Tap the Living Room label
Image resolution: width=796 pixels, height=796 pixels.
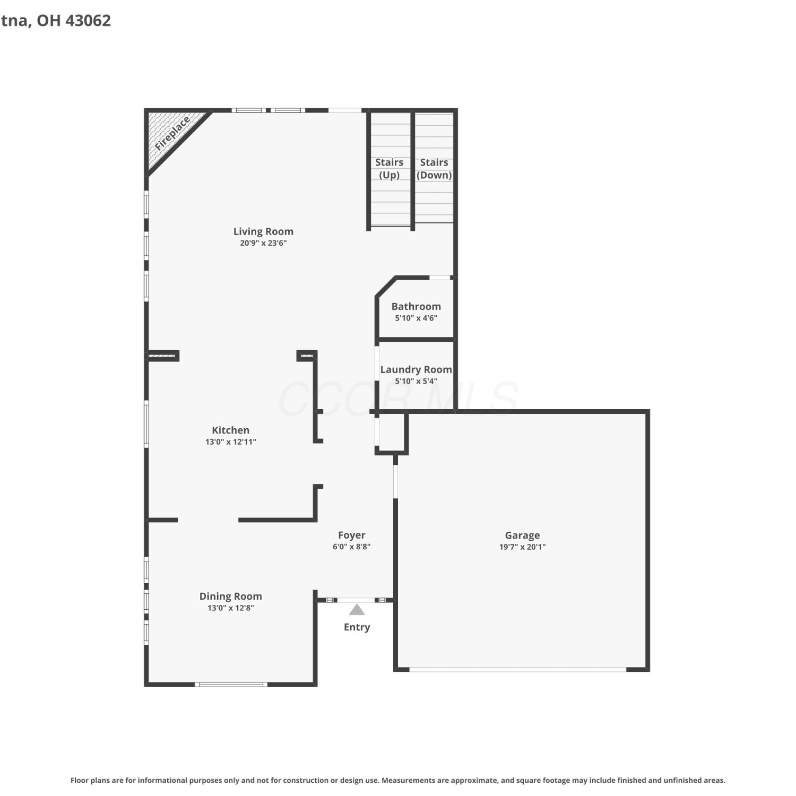[263, 231]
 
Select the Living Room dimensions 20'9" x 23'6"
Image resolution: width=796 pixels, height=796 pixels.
[263, 243]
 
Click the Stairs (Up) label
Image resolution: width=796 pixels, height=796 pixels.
[389, 169]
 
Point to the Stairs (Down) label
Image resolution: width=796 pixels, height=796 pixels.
[434, 169]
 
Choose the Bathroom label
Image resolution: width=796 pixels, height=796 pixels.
[416, 306]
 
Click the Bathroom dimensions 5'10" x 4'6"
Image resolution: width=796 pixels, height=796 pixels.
[416, 318]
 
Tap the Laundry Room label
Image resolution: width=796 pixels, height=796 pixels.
[416, 369]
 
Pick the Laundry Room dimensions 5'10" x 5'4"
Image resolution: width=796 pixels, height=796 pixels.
[416, 381]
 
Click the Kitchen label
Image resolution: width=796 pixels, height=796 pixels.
[230, 430]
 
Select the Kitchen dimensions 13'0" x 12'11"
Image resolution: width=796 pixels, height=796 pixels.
[231, 442]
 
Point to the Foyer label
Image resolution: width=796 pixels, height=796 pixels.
[352, 535]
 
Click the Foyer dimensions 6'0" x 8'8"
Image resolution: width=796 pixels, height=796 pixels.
[352, 547]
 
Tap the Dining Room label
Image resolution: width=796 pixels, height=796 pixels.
[231, 596]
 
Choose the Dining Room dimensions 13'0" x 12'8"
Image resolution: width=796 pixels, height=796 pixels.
[231, 608]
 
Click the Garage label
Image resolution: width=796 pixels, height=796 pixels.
[522, 535]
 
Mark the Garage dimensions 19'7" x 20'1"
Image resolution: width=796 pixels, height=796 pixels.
[522, 547]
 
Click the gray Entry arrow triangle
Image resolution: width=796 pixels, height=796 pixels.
[357, 610]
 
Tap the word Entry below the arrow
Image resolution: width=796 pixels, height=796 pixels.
[357, 627]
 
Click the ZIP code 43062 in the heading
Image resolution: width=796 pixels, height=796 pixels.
[88, 20]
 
